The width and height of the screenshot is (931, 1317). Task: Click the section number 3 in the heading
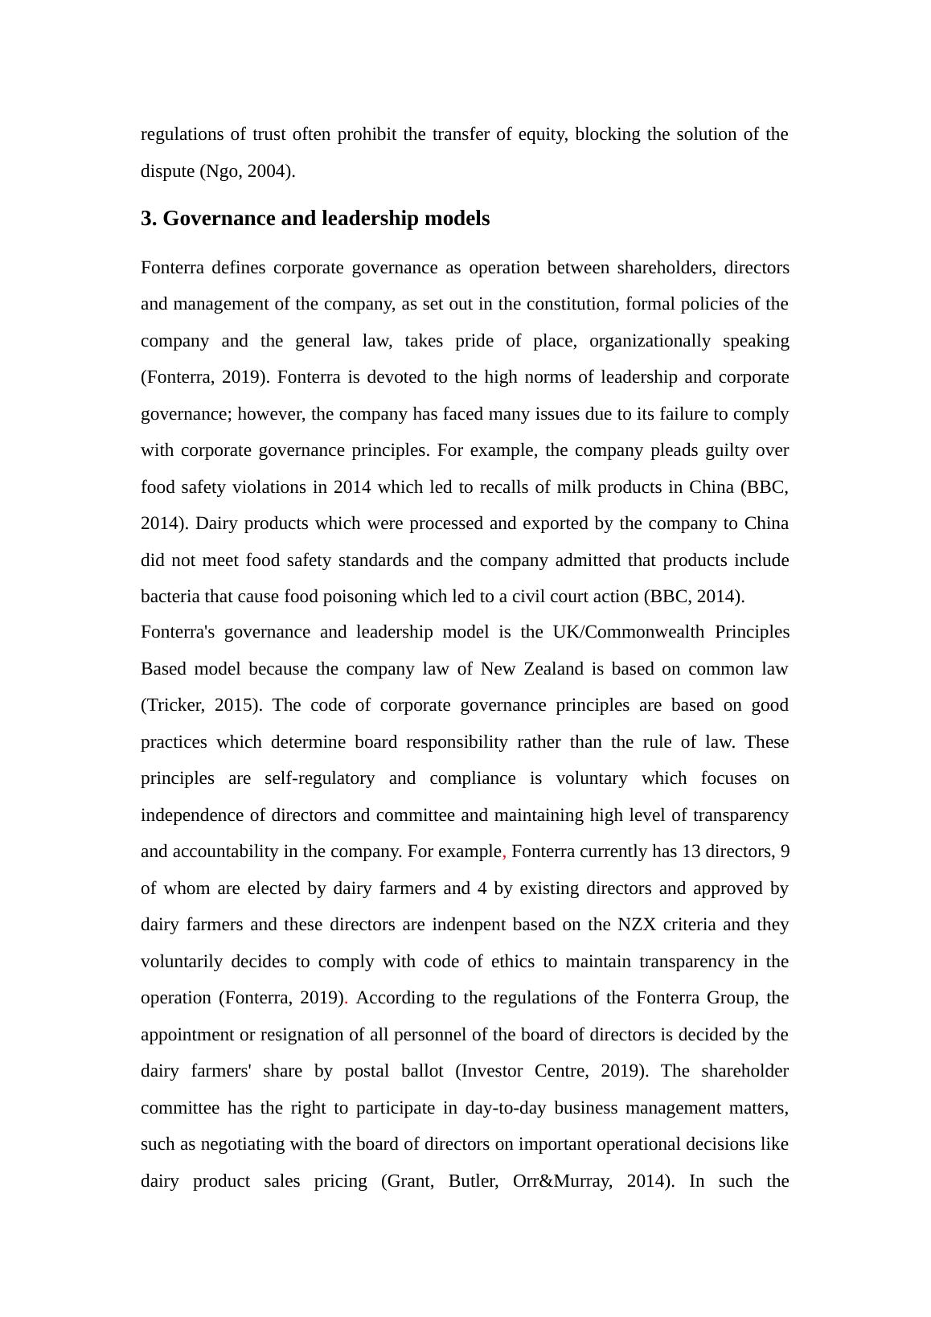click(147, 219)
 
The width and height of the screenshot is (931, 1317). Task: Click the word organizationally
click(650, 341)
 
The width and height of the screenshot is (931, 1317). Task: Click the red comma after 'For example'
click(504, 852)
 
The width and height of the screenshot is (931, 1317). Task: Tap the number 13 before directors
click(691, 851)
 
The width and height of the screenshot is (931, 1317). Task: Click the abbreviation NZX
click(637, 925)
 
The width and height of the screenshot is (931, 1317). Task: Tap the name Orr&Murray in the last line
click(562, 1181)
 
